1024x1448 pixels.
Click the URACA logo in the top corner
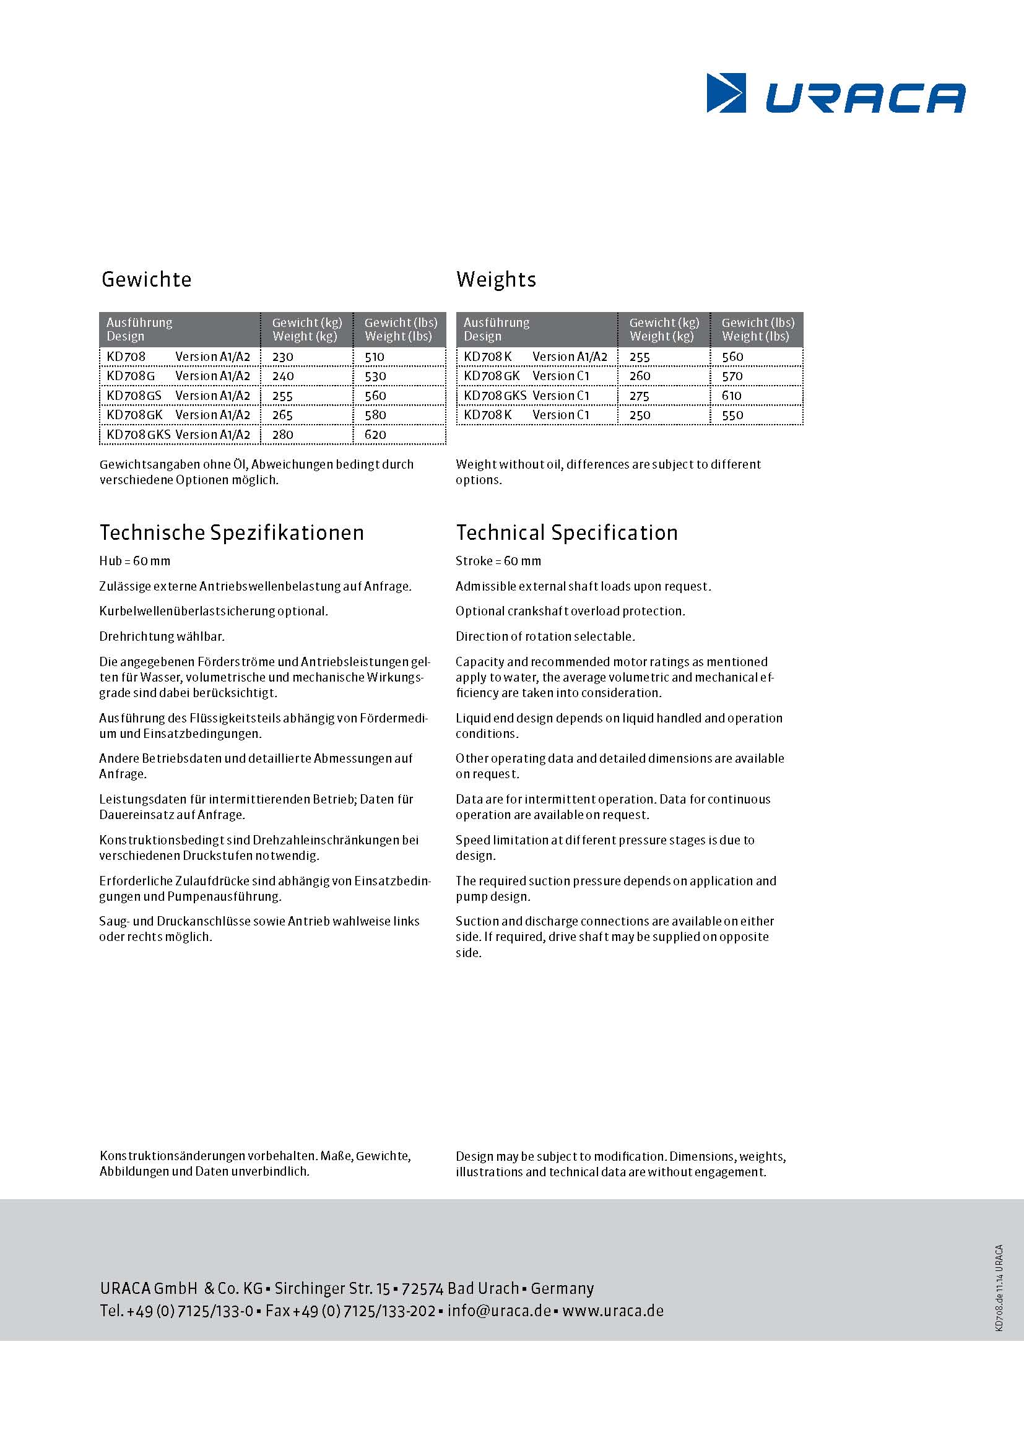click(x=835, y=93)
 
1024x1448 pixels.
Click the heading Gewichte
click(x=146, y=279)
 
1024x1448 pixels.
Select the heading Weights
click(x=496, y=279)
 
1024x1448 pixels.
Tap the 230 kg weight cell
click(x=283, y=357)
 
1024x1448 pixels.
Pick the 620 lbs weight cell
click(x=375, y=435)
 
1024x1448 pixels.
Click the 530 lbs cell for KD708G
click(x=375, y=376)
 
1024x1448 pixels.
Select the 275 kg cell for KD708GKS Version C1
click(x=640, y=396)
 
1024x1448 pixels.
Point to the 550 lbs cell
click(x=732, y=415)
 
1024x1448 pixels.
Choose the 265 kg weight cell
click(x=283, y=415)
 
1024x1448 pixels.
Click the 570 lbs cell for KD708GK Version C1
click(x=732, y=376)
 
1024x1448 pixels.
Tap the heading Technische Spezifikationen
click(x=232, y=533)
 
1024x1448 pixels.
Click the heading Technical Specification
click(x=566, y=533)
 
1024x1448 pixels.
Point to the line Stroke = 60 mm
click(x=498, y=561)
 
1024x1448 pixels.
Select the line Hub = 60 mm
click(x=134, y=561)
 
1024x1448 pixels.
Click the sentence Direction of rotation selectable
click(x=545, y=637)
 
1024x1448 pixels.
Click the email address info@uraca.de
click(x=499, y=1311)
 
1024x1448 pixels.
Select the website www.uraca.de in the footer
click(x=612, y=1311)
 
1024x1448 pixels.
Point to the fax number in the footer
click(x=350, y=1311)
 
